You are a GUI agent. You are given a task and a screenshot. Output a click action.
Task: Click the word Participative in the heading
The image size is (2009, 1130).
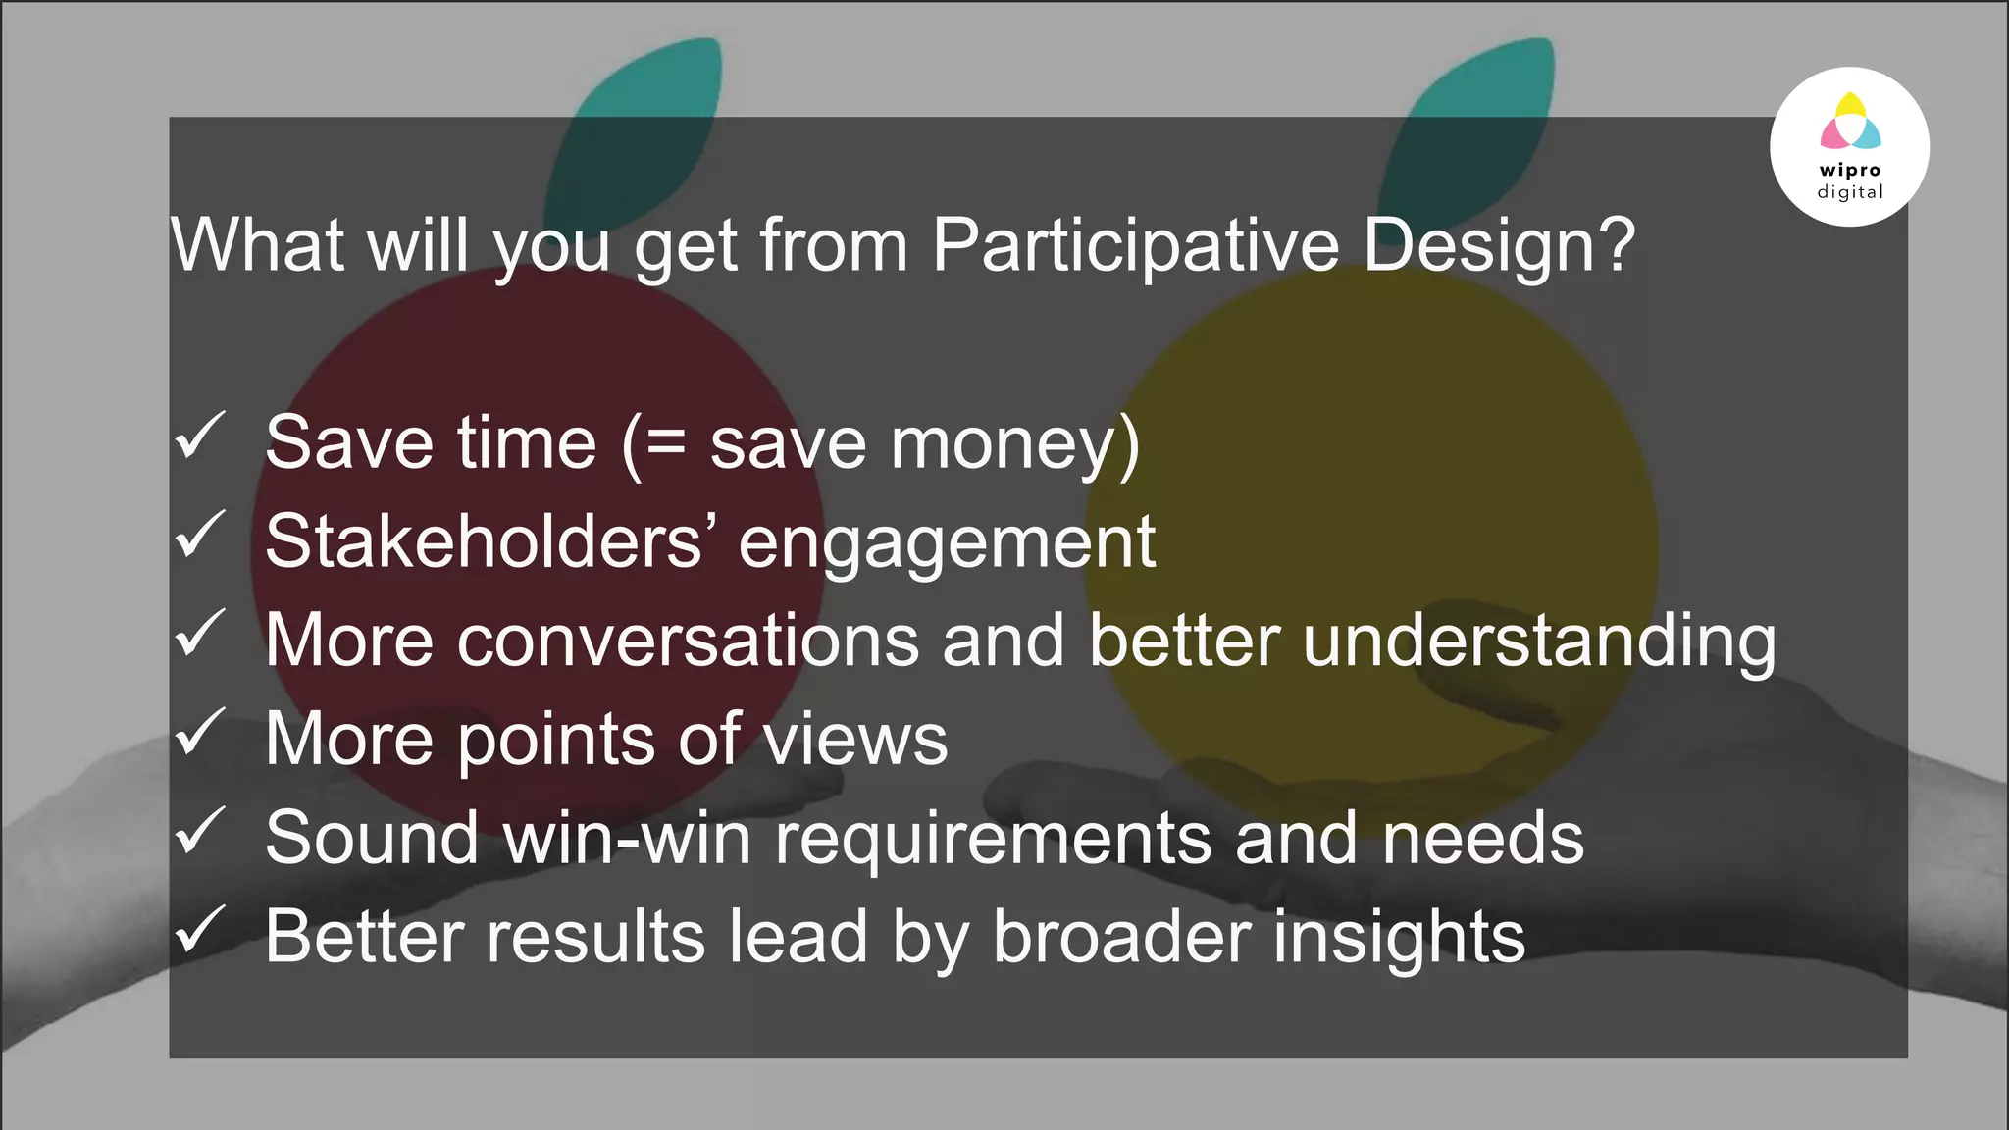click(1135, 245)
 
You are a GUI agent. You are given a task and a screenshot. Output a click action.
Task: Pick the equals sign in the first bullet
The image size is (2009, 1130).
click(666, 443)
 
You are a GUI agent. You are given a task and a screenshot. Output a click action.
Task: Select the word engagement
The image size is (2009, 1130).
click(947, 542)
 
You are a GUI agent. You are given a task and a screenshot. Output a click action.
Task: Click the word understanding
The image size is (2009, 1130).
click(1539, 642)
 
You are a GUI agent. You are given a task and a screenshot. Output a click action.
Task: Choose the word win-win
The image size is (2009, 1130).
click(627, 838)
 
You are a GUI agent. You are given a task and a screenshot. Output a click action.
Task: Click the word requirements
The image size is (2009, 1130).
click(993, 840)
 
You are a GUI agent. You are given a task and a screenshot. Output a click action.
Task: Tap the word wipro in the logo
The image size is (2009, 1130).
click(1849, 170)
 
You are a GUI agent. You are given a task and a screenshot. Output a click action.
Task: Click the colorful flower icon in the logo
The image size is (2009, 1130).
click(1849, 122)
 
